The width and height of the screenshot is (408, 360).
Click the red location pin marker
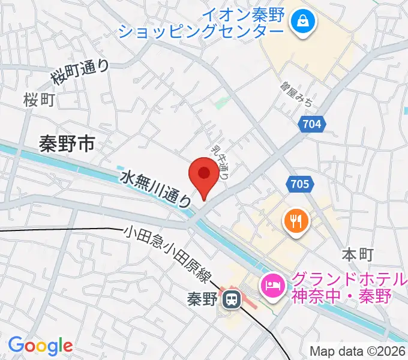(x=204, y=175)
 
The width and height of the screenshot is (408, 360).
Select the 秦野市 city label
(x=67, y=143)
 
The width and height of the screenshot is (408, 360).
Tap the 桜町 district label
(x=40, y=100)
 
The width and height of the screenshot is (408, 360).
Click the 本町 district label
(x=358, y=254)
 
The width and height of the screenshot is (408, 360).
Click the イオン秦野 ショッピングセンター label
(x=201, y=23)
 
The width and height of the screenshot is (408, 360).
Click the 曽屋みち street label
(x=296, y=94)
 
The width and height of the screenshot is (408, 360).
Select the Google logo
(x=40, y=345)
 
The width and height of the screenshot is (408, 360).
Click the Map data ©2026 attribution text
(x=356, y=351)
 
